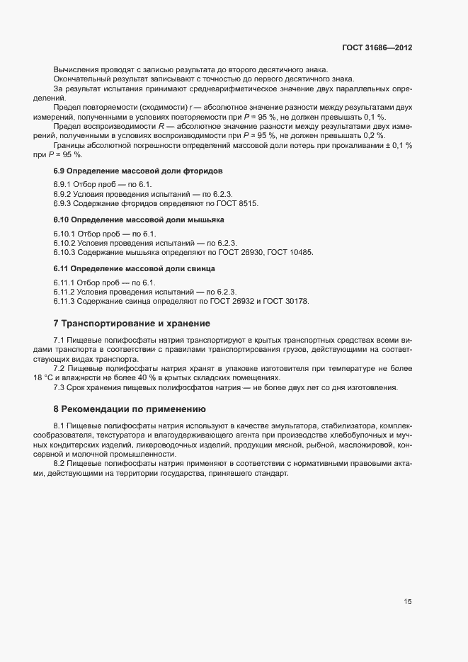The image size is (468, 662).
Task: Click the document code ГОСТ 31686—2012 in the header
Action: click(377, 47)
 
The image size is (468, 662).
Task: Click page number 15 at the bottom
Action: click(408, 602)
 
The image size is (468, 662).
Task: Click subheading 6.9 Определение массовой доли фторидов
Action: click(138, 171)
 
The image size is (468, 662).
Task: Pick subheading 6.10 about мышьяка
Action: click(140, 220)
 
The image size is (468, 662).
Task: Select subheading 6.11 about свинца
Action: click(135, 269)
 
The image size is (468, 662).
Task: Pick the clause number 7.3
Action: click(59, 387)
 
